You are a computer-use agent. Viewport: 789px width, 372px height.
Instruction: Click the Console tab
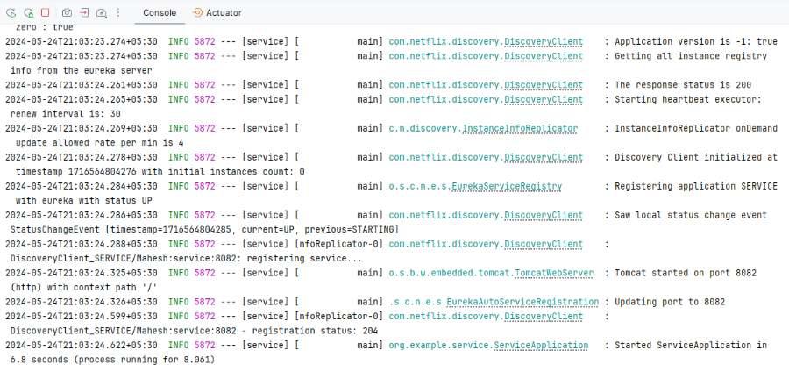point(160,12)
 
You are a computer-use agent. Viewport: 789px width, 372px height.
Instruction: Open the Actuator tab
point(217,12)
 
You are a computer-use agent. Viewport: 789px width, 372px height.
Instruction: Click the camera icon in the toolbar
point(67,12)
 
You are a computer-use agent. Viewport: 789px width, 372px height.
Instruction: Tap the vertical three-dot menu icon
point(118,12)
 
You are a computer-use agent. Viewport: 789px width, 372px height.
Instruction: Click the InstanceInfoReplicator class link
point(520,128)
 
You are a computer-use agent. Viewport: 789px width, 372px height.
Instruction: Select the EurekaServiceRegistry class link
point(506,186)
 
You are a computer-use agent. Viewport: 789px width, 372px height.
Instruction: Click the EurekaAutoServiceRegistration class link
point(523,302)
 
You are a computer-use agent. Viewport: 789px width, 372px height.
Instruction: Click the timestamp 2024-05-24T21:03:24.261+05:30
point(81,85)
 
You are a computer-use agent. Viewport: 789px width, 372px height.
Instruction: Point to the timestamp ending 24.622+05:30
point(81,346)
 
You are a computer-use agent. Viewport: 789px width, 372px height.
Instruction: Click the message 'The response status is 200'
point(683,85)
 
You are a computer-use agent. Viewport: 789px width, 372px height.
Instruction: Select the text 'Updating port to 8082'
point(670,302)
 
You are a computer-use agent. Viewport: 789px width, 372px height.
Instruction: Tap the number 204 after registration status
point(370,331)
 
